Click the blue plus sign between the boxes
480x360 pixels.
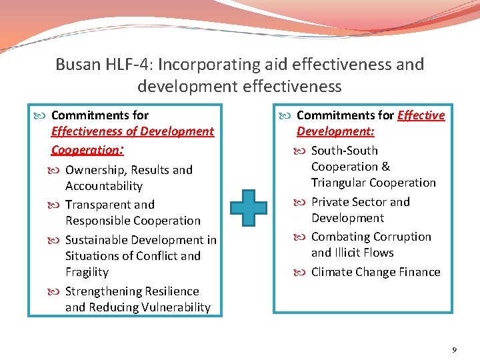tap(249, 210)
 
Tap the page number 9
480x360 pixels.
tap(453, 350)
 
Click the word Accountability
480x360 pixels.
tap(103, 186)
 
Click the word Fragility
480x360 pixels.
tap(87, 272)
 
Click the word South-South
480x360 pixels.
tap(344, 151)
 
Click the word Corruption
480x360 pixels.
tap(399, 237)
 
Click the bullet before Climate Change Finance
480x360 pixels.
tap(303, 272)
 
